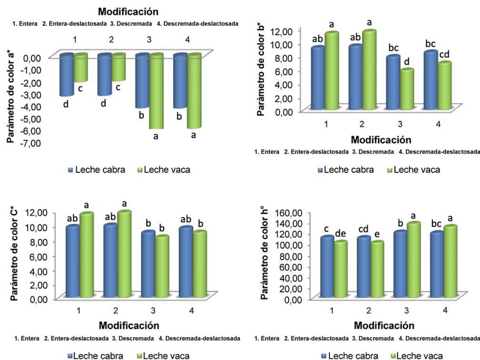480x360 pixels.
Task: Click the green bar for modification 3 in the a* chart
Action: click(156, 91)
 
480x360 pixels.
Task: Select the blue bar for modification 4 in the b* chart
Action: click(430, 81)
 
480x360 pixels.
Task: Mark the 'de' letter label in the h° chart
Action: click(340, 233)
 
